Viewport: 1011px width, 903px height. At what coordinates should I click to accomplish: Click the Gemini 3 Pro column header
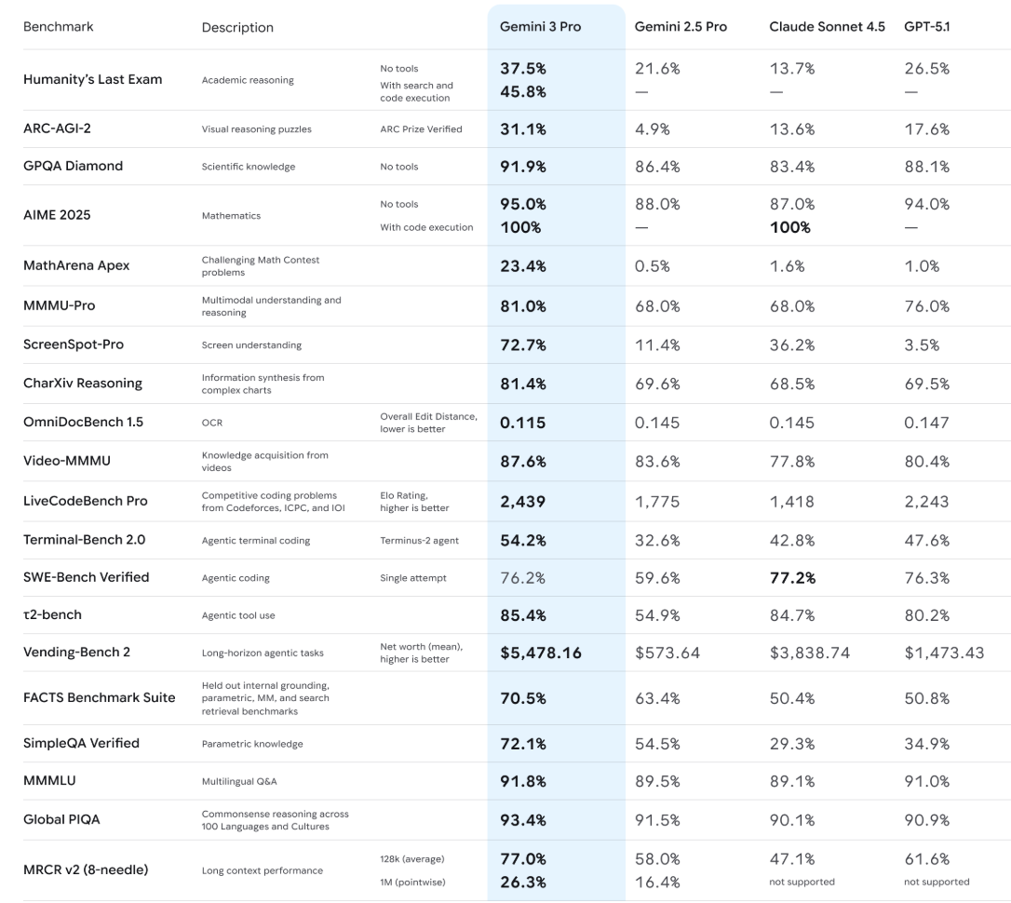click(x=541, y=27)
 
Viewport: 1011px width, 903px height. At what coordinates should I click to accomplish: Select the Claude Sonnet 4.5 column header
click(x=827, y=27)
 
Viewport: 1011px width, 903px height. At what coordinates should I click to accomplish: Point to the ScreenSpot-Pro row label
click(x=74, y=344)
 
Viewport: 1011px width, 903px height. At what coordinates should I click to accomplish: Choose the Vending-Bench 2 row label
click(x=76, y=652)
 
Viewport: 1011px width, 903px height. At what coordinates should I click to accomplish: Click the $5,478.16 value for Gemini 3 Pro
click(x=541, y=653)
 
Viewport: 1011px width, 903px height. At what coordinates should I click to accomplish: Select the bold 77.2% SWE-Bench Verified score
click(x=792, y=577)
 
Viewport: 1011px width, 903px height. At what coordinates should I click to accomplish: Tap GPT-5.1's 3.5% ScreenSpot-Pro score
click(x=922, y=344)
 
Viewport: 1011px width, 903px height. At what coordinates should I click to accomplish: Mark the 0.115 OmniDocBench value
click(x=522, y=423)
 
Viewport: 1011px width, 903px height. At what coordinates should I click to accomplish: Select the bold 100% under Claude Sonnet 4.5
click(x=789, y=227)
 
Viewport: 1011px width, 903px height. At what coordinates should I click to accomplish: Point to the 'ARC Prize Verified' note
click(x=421, y=129)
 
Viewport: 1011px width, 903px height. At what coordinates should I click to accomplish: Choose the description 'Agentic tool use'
click(x=238, y=615)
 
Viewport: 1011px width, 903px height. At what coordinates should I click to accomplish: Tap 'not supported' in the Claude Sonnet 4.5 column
click(x=802, y=882)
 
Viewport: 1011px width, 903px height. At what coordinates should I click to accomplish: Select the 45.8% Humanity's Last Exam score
click(x=523, y=91)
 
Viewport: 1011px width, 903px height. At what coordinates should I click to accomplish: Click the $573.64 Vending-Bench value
click(x=667, y=653)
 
